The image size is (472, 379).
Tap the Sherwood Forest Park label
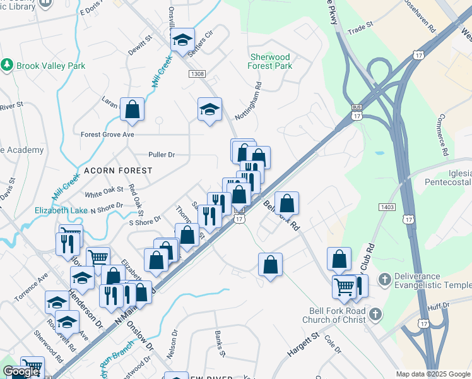point(270,61)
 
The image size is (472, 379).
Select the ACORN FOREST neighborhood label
point(118,171)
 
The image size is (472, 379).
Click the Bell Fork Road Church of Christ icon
point(375,313)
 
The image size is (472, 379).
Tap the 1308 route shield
point(196,74)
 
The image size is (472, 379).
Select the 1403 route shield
point(387,207)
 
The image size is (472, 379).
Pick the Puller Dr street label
point(161,154)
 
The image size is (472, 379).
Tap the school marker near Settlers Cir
point(182,40)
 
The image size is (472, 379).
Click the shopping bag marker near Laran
point(133,109)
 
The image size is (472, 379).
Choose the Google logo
point(21,371)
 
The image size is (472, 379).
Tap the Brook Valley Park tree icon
point(8,65)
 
